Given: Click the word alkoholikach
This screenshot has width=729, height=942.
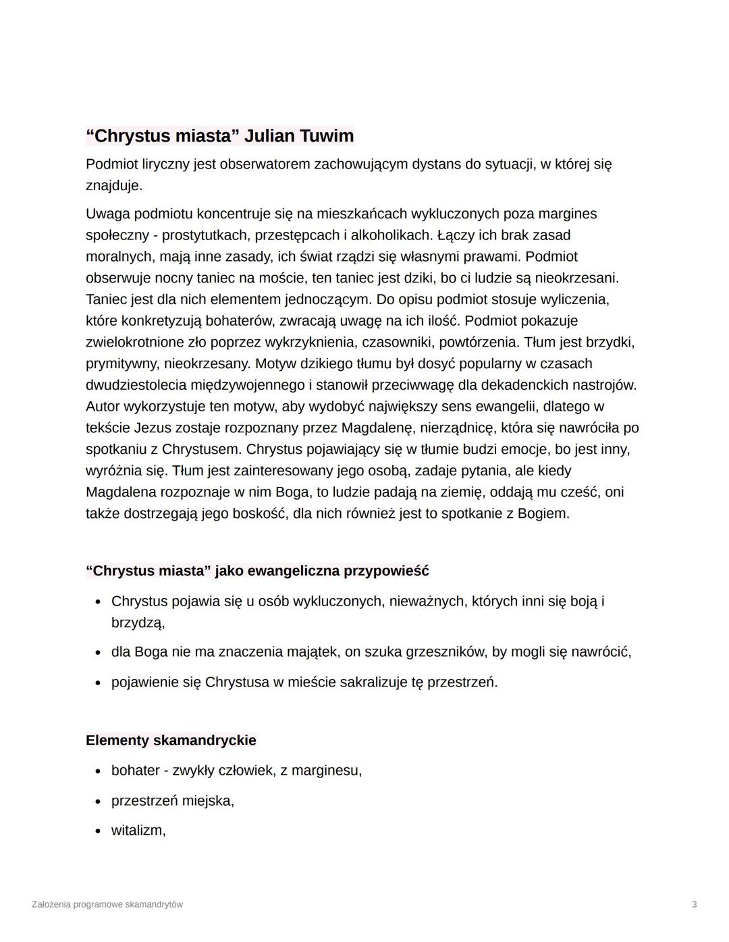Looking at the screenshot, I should [x=390, y=235].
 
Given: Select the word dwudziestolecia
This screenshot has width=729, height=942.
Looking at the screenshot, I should [x=137, y=385].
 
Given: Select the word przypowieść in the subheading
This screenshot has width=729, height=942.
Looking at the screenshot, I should [x=386, y=571].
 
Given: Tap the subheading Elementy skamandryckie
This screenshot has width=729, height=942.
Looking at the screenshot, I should [x=171, y=740].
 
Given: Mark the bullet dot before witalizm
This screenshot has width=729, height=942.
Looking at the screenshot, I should [x=99, y=831].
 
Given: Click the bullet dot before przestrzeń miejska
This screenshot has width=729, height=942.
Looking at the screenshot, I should [x=99, y=801].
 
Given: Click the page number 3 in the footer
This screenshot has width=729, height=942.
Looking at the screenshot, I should [x=694, y=904].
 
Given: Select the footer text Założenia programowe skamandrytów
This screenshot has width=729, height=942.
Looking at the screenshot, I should [x=107, y=904].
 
